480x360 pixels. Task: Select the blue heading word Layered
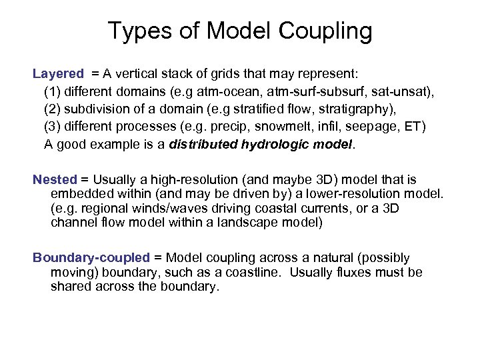pyautogui.click(x=59, y=73)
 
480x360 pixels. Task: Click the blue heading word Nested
pyautogui.click(x=55, y=179)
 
